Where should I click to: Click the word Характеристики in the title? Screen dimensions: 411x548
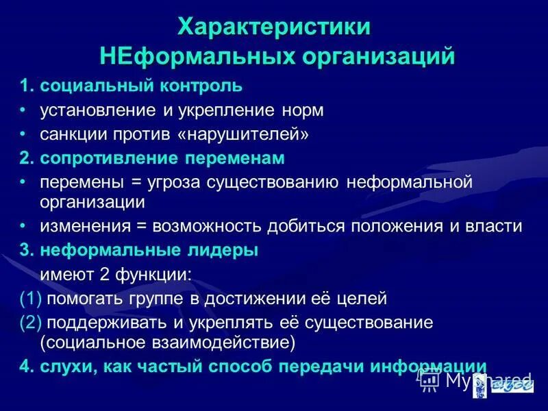coord(275,27)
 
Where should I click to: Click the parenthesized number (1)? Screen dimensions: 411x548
coord(31,298)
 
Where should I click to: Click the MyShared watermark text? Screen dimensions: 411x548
coord(487,379)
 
